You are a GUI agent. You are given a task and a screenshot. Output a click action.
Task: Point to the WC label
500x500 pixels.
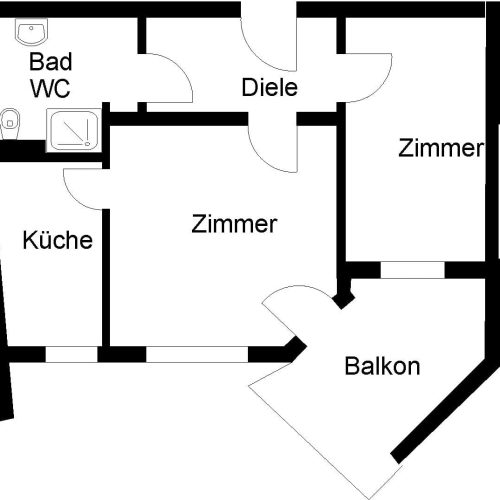49,87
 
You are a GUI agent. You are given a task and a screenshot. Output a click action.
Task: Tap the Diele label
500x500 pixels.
270,87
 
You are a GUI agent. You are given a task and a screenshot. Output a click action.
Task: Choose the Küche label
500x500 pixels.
58,241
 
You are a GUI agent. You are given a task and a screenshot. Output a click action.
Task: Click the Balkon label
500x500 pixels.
382,366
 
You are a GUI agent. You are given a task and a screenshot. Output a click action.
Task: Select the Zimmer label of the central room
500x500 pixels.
234,225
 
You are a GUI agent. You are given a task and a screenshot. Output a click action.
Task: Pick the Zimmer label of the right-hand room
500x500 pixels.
441,149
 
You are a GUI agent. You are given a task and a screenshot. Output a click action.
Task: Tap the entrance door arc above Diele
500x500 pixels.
268,35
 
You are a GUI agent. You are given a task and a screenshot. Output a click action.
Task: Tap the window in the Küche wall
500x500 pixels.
71,353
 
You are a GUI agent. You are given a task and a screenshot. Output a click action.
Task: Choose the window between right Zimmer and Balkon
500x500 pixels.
412,270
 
